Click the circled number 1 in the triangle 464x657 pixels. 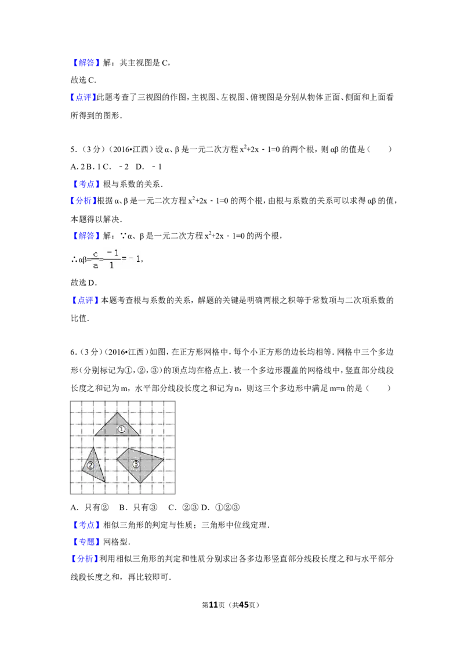121,429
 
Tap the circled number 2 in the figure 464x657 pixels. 90,465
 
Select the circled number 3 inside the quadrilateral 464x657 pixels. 136,464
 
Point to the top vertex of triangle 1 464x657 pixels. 117,413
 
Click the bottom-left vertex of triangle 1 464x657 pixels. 94,435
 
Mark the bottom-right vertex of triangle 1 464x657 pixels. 140,435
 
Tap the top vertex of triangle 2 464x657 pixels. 93,447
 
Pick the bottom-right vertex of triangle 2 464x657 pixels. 105,482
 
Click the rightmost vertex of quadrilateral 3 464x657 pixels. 164,460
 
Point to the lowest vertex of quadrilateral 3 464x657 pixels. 140,483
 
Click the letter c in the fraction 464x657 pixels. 96,254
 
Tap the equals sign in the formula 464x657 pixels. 125,259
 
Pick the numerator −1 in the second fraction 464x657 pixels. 113,253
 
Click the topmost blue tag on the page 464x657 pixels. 86,63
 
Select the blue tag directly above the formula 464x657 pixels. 86,236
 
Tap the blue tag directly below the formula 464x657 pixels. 85,300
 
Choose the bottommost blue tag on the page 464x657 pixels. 84,559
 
